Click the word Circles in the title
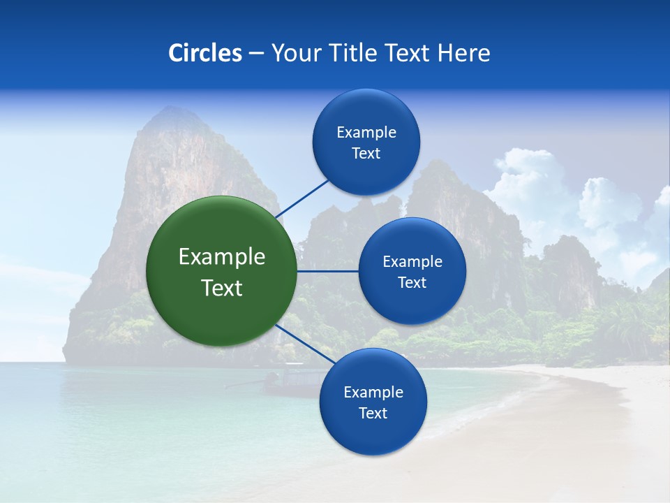204,53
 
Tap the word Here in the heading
463,53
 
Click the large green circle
221,271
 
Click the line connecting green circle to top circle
301,197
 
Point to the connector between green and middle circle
327,271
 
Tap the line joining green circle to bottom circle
305,344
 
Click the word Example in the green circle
222,257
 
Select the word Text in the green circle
222,288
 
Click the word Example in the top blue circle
366,132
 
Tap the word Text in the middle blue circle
412,283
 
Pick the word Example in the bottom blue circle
373,392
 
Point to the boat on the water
286,381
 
